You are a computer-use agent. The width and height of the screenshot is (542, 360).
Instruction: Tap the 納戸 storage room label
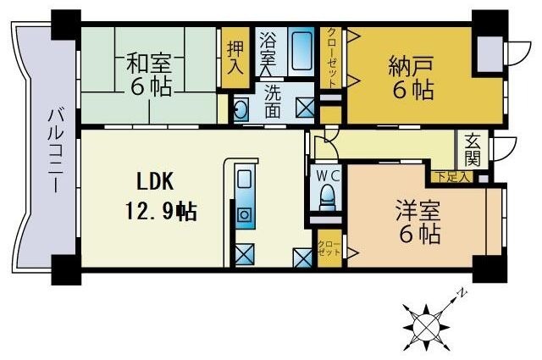(412, 65)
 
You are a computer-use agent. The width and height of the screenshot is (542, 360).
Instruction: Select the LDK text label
(156, 181)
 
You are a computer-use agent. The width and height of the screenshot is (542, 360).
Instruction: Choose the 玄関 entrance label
(471, 151)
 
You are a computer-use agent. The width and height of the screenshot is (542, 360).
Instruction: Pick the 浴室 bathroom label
(268, 48)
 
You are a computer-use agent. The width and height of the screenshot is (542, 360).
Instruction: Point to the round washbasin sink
(241, 108)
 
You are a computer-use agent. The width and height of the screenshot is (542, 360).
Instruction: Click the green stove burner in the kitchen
(244, 213)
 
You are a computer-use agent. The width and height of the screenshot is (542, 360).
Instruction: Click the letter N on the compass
(462, 293)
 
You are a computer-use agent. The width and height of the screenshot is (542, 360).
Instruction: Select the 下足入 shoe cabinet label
(450, 176)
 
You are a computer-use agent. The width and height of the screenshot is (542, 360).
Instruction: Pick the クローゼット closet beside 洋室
(329, 248)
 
